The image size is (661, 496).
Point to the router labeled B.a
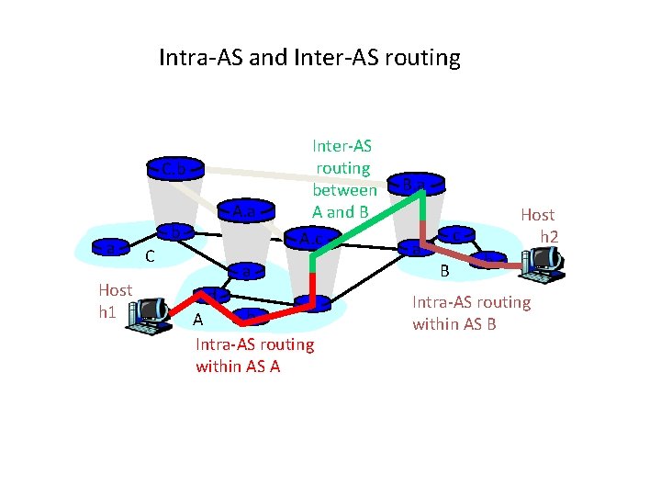[418, 184]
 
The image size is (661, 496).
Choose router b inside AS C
[172, 231]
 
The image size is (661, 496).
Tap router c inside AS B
[455, 235]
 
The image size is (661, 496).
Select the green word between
[343, 190]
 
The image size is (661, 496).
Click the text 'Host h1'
[115, 300]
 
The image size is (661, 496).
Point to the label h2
[549, 236]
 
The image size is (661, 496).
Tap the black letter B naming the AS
[444, 271]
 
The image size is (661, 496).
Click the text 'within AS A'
[238, 366]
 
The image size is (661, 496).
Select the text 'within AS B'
[454, 323]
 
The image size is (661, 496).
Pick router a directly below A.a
[243, 271]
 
